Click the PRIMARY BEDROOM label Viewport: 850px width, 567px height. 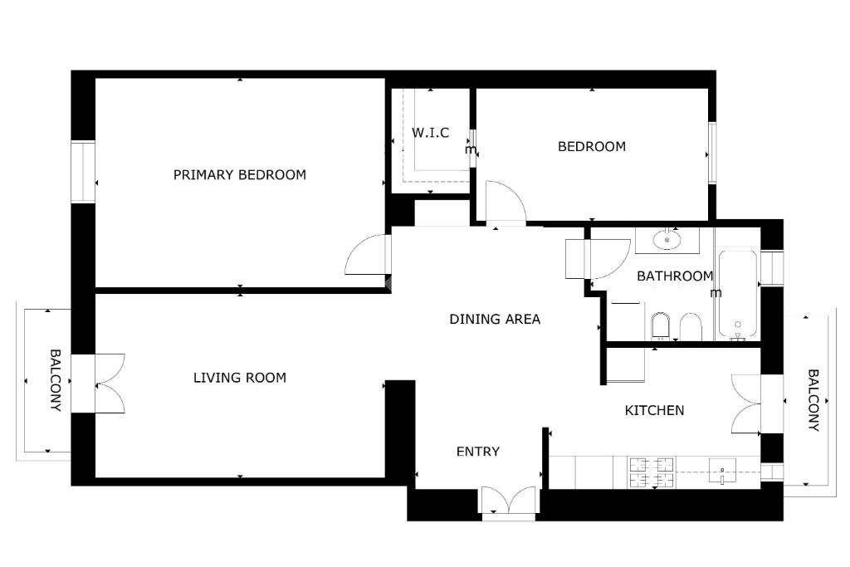click(x=240, y=174)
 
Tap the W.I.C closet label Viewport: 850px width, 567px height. click(x=431, y=133)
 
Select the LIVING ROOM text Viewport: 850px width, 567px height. click(x=240, y=377)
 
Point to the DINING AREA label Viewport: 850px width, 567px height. click(x=495, y=319)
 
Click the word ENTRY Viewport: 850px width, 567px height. click(x=477, y=451)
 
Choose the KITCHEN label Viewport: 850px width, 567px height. click(x=654, y=410)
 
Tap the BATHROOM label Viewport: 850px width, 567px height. click(x=675, y=276)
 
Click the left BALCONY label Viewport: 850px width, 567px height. click(x=56, y=380)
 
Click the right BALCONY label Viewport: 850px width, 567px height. click(x=813, y=400)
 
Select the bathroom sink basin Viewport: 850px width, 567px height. click(x=667, y=239)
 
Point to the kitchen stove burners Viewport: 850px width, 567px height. click(x=651, y=472)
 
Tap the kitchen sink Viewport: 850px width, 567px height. click(x=722, y=471)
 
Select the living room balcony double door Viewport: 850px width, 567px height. click(x=110, y=384)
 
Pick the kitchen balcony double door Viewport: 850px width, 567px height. click(x=746, y=403)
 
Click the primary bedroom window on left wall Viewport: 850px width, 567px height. click(x=83, y=172)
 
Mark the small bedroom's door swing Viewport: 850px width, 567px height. click(x=506, y=202)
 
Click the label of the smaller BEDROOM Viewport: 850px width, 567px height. click(x=591, y=146)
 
